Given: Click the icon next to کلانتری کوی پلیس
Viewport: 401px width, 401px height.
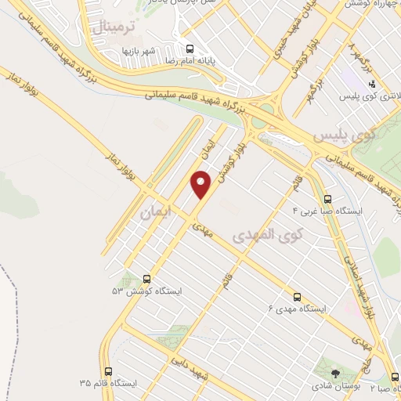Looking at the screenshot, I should [x=372, y=83].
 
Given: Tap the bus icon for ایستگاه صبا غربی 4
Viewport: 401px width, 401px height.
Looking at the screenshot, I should [x=327, y=198].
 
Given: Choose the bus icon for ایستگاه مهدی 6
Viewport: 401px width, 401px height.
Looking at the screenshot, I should [x=297, y=297].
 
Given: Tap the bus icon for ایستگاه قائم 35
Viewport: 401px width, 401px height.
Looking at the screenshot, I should [x=107, y=371].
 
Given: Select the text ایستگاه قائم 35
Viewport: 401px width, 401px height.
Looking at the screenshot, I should [x=107, y=385].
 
